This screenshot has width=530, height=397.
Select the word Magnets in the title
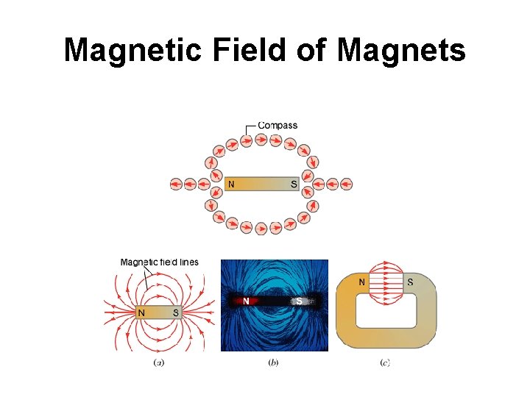(402, 51)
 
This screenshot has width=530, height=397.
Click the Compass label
(278, 126)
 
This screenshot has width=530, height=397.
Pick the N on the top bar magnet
(232, 184)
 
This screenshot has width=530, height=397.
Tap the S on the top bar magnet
(294, 184)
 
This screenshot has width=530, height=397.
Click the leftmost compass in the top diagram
(177, 184)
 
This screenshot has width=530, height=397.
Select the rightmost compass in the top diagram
(347, 184)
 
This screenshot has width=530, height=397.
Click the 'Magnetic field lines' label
(159, 262)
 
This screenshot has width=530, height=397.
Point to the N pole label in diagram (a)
(141, 312)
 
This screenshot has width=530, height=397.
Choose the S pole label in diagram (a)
(176, 312)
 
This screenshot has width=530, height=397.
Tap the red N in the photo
(247, 300)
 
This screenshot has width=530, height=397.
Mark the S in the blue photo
(299, 300)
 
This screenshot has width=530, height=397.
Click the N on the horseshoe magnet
(361, 282)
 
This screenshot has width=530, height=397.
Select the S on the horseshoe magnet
(410, 282)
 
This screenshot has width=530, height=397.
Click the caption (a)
(158, 362)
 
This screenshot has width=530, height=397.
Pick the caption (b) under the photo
(275, 362)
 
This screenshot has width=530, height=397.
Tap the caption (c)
(385, 362)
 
